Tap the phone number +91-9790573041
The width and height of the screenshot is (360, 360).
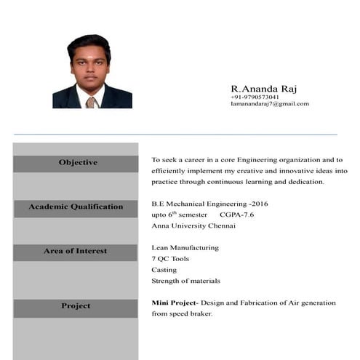[255, 97]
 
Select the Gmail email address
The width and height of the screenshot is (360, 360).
[270, 104]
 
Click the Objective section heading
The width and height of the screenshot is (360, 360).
[78, 162]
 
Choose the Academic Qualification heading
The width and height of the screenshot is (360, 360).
[76, 207]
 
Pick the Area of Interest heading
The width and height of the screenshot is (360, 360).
[75, 251]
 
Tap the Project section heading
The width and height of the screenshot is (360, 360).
[76, 306]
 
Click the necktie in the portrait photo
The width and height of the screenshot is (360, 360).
[90, 102]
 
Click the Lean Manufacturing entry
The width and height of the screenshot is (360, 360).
[185, 247]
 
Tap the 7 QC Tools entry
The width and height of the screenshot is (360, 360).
[170, 258]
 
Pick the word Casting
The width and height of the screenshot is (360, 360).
[164, 270]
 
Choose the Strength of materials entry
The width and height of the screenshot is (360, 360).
[185, 281]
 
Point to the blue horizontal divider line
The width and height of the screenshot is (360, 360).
[175, 135]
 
